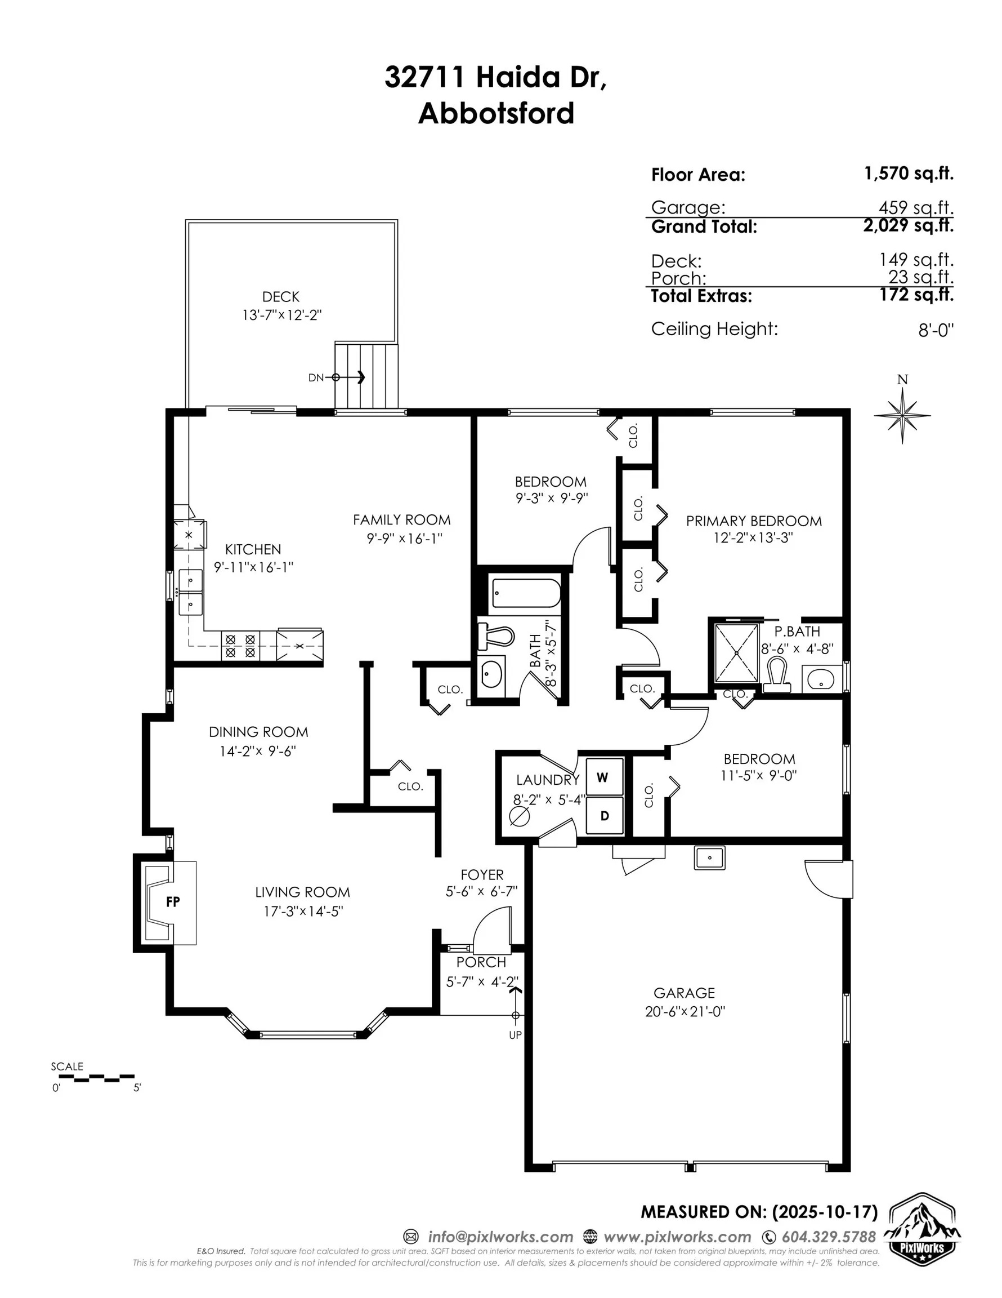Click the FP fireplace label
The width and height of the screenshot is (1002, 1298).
point(173,901)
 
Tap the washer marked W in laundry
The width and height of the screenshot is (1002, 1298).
point(604,777)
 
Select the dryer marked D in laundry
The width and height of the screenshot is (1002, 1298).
point(604,815)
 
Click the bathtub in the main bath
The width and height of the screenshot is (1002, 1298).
point(526,593)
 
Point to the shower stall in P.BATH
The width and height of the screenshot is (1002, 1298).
point(736,652)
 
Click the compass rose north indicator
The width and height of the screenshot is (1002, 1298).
point(902,415)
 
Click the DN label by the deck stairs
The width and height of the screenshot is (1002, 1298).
point(316,377)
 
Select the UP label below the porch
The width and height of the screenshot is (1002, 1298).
point(515,1035)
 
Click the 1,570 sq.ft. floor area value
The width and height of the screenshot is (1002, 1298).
point(908,174)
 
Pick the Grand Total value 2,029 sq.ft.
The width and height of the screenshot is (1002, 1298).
point(908,225)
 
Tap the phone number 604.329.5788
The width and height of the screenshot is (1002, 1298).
point(828,1237)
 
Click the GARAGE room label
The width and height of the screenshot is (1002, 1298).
point(685,993)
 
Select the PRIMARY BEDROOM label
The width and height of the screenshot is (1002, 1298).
point(754,521)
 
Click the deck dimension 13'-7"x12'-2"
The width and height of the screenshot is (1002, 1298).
point(281,315)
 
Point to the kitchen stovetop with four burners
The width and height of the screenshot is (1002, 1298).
point(240,646)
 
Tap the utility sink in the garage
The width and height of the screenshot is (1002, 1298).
point(709,858)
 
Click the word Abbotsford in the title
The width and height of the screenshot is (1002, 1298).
point(496,113)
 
